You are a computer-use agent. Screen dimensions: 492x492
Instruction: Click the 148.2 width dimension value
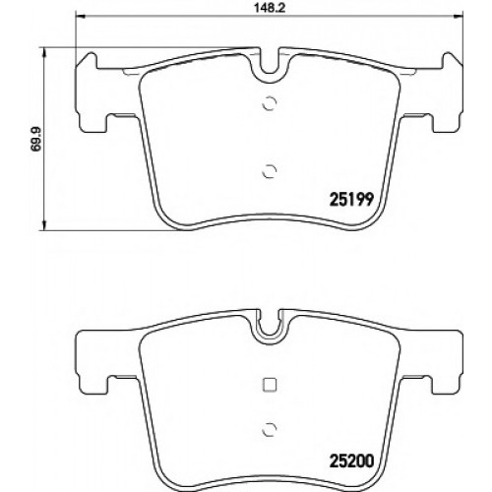(270, 8)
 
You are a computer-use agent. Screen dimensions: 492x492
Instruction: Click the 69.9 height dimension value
(35, 139)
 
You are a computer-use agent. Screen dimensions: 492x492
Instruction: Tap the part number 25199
(351, 199)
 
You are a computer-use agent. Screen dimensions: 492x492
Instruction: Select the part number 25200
(351, 461)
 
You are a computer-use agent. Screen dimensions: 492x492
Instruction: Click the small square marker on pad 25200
(270, 385)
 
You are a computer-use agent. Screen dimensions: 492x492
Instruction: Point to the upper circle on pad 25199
(270, 103)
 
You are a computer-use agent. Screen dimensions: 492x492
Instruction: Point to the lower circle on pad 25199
(270, 171)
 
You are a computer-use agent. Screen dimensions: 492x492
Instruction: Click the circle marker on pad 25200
(270, 429)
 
